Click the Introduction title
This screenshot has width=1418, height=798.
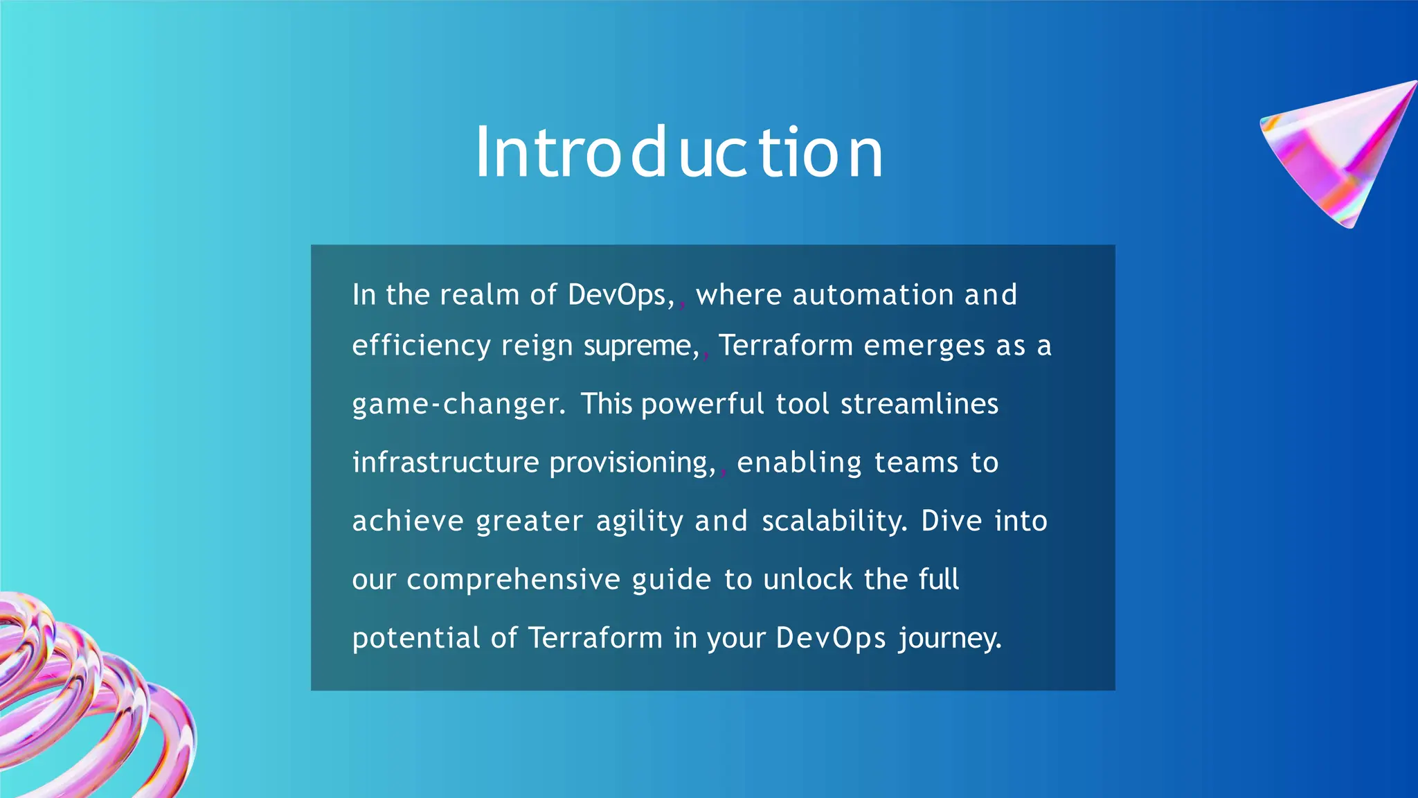679,152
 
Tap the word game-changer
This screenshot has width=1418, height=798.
458,405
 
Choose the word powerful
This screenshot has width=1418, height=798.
702,405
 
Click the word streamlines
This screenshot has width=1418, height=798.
919,404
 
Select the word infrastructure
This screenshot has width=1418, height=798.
445,463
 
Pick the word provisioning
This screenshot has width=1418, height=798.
632,463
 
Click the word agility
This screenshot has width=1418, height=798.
640,522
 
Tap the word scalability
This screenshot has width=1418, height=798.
834,521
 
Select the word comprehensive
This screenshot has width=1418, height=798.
513,580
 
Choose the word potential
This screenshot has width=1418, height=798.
415,638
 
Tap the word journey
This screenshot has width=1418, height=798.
949,638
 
